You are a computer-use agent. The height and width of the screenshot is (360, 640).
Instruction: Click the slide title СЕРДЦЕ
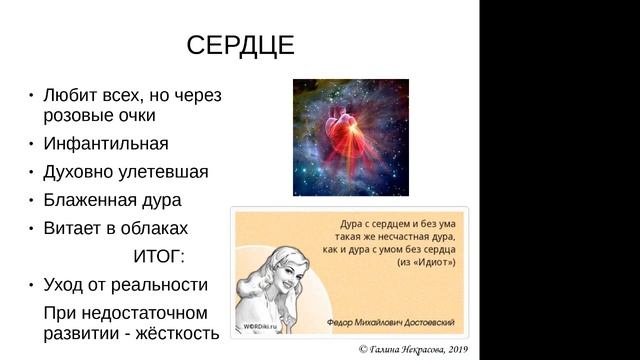click(240, 46)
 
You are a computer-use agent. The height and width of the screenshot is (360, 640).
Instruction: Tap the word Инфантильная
click(106, 143)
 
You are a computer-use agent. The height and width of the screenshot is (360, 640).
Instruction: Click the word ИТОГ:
click(159, 255)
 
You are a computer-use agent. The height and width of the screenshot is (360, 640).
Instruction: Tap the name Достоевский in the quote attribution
click(425, 323)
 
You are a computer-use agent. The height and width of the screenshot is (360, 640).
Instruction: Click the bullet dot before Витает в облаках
click(31, 227)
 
